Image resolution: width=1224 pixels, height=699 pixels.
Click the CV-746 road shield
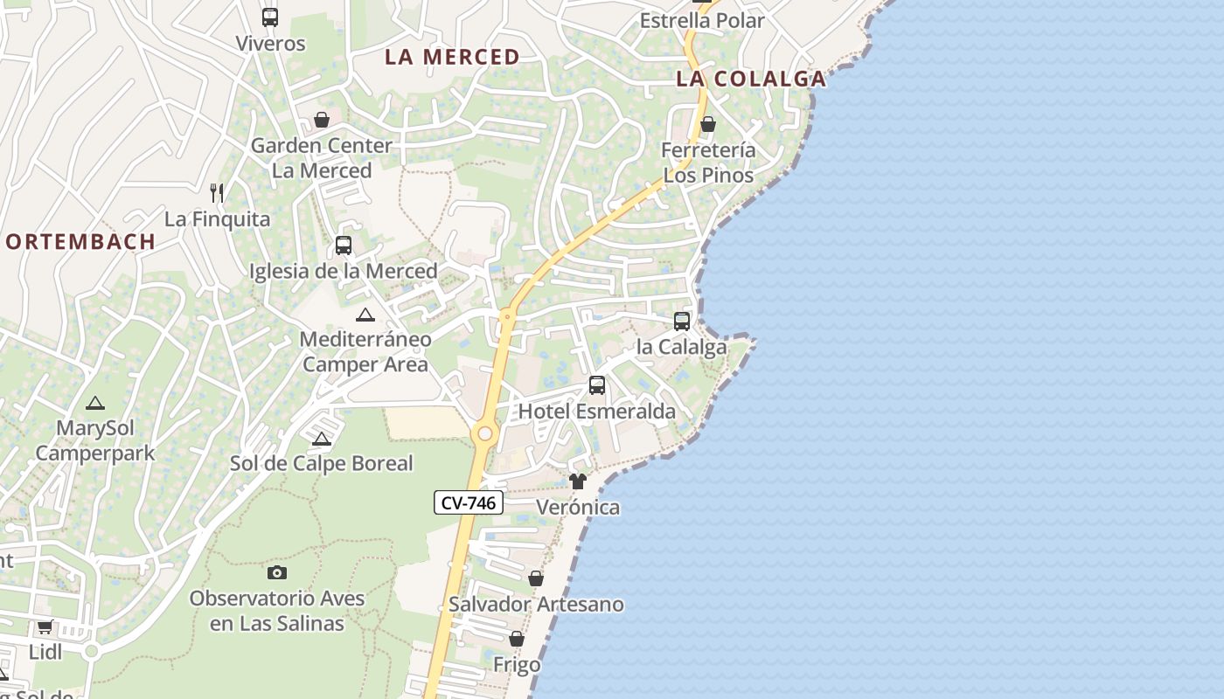(x=469, y=502)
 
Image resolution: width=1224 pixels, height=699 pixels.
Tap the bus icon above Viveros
(x=270, y=17)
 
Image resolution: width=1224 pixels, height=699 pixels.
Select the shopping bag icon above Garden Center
(x=322, y=120)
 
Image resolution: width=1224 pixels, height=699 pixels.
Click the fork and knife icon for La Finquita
(x=217, y=192)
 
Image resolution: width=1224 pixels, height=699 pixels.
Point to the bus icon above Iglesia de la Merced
(x=344, y=246)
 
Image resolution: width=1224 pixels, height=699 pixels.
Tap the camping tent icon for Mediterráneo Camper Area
(x=365, y=315)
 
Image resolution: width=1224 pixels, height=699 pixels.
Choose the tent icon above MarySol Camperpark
(x=94, y=403)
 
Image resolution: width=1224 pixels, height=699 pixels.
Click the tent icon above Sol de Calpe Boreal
(x=322, y=439)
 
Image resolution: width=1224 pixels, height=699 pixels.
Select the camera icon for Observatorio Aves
(x=277, y=572)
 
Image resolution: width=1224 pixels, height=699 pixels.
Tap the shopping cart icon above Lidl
(x=45, y=626)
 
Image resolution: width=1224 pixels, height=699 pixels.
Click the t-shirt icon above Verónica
(x=578, y=481)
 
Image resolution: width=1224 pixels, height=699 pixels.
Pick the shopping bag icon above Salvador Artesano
(x=536, y=578)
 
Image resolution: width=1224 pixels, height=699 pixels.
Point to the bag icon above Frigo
(x=517, y=640)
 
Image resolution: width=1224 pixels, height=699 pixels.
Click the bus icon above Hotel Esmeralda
(x=597, y=385)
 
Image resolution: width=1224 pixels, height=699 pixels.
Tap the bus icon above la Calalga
(x=682, y=322)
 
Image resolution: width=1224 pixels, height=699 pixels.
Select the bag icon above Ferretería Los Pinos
(x=708, y=124)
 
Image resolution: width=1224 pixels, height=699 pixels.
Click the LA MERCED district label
(x=453, y=58)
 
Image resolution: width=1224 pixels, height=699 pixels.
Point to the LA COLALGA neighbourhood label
(x=751, y=79)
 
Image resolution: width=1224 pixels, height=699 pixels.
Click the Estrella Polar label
(x=702, y=21)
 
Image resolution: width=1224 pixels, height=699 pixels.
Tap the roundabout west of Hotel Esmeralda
(x=484, y=433)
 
